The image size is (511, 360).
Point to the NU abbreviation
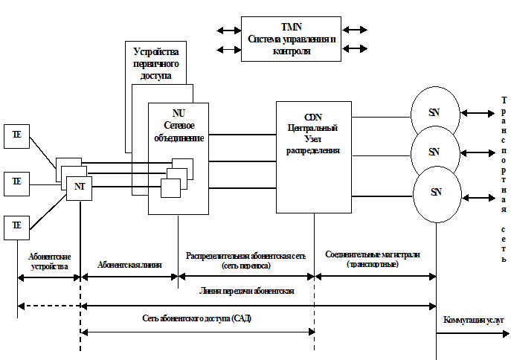(x=179, y=113)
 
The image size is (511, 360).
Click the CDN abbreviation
(x=313, y=117)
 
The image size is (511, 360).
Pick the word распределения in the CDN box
(x=313, y=150)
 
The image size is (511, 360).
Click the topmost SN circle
(x=434, y=112)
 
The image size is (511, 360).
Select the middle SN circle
(x=434, y=152)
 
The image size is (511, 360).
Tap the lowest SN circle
(x=436, y=192)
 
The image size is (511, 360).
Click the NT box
(x=79, y=187)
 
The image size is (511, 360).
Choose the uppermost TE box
(x=17, y=135)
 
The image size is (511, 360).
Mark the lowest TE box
(x=17, y=225)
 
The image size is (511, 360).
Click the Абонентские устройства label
(x=50, y=260)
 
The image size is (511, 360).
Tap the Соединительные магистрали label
(x=373, y=259)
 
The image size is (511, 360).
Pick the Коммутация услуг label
(x=474, y=320)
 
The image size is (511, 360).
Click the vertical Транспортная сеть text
(x=504, y=179)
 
